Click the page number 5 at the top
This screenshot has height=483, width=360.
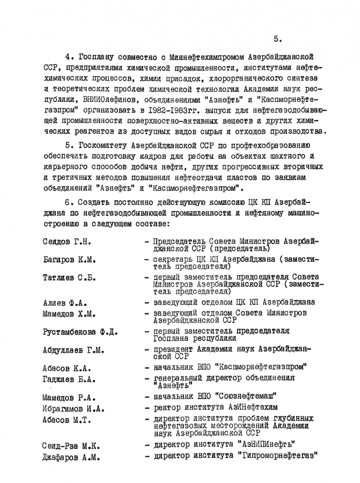pos(277,38)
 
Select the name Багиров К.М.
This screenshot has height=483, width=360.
pos(69,260)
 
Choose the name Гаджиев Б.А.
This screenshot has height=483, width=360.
pos(69,379)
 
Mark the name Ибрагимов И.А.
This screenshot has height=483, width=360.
pos(74,408)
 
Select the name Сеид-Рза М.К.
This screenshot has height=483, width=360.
pos(71,446)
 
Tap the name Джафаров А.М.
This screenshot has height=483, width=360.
pos(71,457)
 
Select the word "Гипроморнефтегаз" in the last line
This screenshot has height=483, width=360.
pos(277,456)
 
